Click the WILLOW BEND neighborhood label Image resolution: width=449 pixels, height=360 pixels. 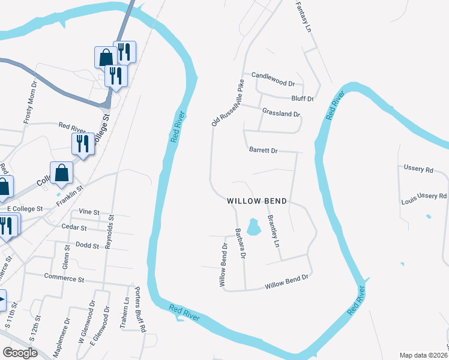(256, 201)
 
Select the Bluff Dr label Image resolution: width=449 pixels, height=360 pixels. (302, 98)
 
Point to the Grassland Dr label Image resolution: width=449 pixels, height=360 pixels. (281, 112)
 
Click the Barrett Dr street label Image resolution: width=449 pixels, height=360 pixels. (263, 150)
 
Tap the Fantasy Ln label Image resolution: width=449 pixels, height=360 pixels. (304, 17)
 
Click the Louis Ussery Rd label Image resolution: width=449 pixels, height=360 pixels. (424, 196)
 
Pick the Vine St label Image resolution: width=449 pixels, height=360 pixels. (88, 212)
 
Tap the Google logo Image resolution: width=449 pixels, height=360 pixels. (20, 352)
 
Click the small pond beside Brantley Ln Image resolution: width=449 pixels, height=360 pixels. (253, 226)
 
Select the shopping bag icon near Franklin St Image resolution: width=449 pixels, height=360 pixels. (61, 173)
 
